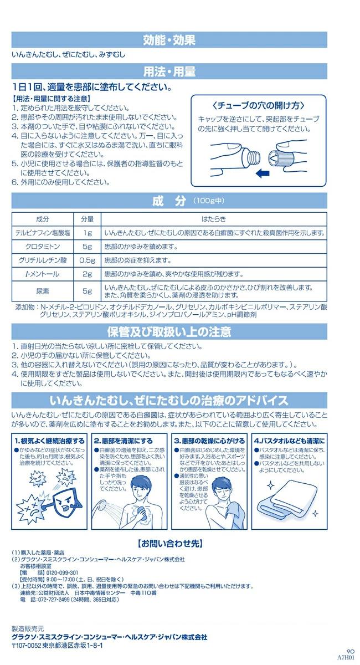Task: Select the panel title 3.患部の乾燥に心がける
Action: [x=209, y=440]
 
